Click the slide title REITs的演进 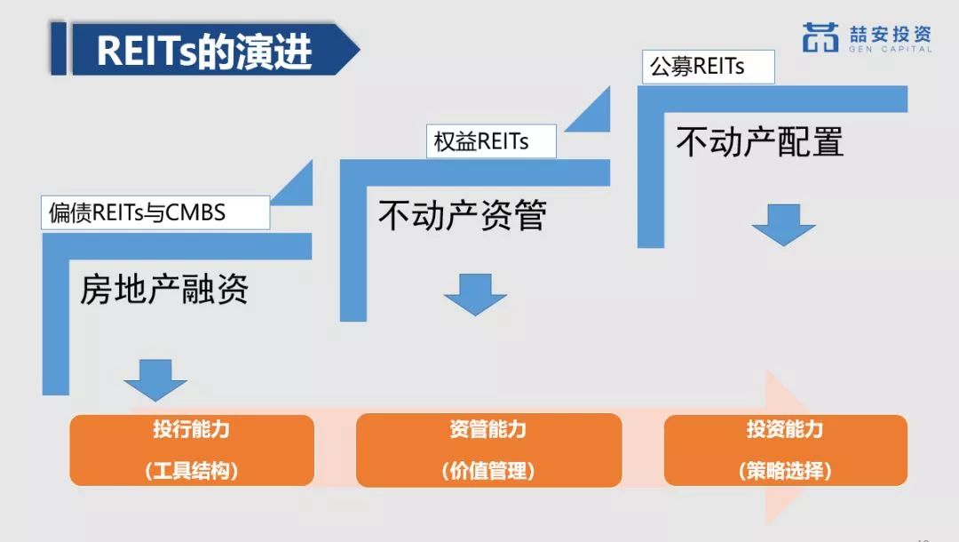pyautogui.click(x=204, y=50)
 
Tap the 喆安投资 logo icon pyautogui.click(x=820, y=37)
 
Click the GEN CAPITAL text pyautogui.click(x=890, y=49)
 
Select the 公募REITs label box pyautogui.click(x=709, y=67)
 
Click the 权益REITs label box pyautogui.click(x=491, y=141)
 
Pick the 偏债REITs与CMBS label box pyautogui.click(x=155, y=213)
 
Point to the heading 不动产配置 pyautogui.click(x=759, y=142)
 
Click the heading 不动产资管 pyautogui.click(x=463, y=215)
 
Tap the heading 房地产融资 pyautogui.click(x=164, y=290)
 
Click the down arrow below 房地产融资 pyautogui.click(x=155, y=380)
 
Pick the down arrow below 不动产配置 pyautogui.click(x=783, y=225)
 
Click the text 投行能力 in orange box pyautogui.click(x=192, y=429)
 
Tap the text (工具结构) pyautogui.click(x=192, y=470)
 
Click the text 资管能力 pyautogui.click(x=488, y=429)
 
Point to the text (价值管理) pyautogui.click(x=488, y=470)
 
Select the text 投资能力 pyautogui.click(x=785, y=429)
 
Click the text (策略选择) pyautogui.click(x=785, y=470)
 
